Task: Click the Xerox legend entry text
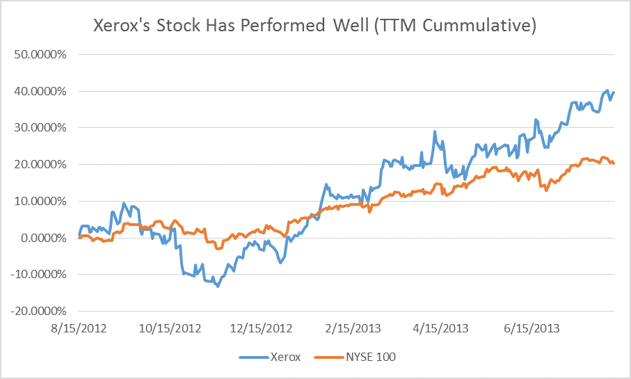(287, 357)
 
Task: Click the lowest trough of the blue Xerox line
(218, 286)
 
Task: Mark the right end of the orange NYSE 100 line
(614, 163)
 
